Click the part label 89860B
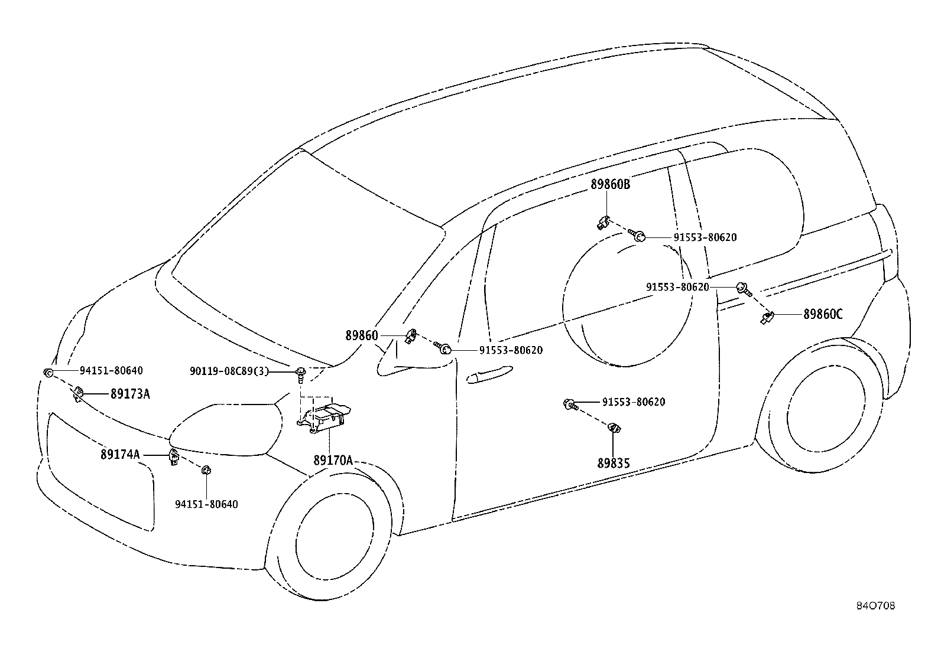pyautogui.click(x=611, y=184)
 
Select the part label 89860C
pyautogui.click(x=823, y=314)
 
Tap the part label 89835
pyautogui.click(x=614, y=463)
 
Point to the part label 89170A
pyautogui.click(x=333, y=461)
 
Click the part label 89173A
pyautogui.click(x=130, y=394)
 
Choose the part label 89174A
pyautogui.click(x=120, y=454)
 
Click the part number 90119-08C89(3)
pyautogui.click(x=229, y=371)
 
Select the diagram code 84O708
pyautogui.click(x=876, y=606)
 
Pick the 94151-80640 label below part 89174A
pyautogui.click(x=206, y=504)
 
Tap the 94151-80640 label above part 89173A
pyautogui.click(x=111, y=371)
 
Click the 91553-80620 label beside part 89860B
pyautogui.click(x=705, y=237)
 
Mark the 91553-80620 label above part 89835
pyautogui.click(x=634, y=402)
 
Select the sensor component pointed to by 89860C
pyautogui.click(x=766, y=317)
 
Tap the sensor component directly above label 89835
pyautogui.click(x=614, y=428)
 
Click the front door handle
pyautogui.click(x=490, y=374)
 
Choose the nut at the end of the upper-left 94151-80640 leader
pyautogui.click(x=48, y=373)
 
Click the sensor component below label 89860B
pyautogui.click(x=603, y=222)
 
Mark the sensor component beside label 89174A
pyautogui.click(x=174, y=456)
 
